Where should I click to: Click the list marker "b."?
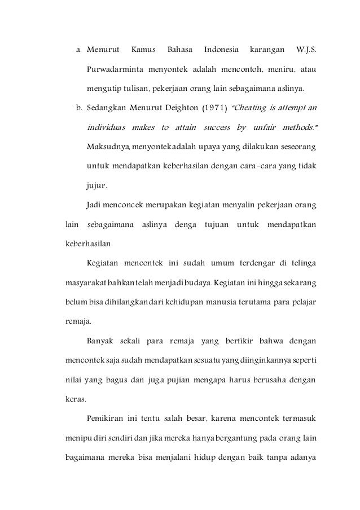pyautogui.click(x=79, y=106)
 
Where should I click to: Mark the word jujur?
pyautogui.click(x=97, y=184)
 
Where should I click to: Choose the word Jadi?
pyautogui.click(x=94, y=203)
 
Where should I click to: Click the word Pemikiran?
pyautogui.click(x=106, y=418)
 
